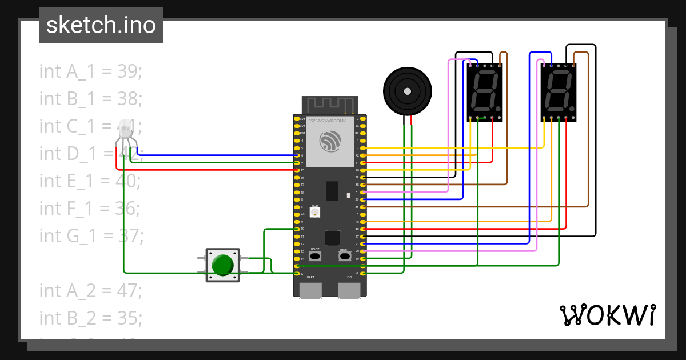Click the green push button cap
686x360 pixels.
[x=222, y=265]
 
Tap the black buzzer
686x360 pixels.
[x=407, y=91]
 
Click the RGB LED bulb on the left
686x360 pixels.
[x=125, y=130]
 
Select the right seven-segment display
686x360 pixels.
[x=558, y=92]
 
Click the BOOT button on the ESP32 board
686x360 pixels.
[x=315, y=256]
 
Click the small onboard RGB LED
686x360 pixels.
[x=314, y=212]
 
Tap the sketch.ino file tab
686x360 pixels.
[x=101, y=25]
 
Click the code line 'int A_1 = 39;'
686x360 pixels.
[x=90, y=71]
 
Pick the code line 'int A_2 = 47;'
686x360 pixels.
[x=90, y=290]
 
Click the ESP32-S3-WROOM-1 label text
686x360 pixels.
[x=328, y=121]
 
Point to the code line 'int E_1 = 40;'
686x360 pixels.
[x=90, y=181]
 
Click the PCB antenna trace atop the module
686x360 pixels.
[x=330, y=105]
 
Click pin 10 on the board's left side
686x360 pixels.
[x=296, y=229]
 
